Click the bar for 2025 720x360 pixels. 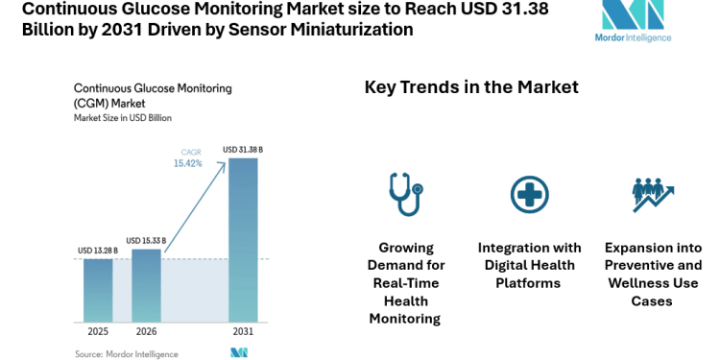98,290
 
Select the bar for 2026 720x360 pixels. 146,285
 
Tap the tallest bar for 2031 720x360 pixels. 242,240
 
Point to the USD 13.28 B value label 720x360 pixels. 98,252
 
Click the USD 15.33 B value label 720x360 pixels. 146,241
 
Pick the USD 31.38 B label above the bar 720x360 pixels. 243,150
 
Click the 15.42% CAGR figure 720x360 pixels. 188,164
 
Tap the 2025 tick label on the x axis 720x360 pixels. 98,331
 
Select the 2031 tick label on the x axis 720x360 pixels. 243,331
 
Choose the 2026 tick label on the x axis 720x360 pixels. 146,331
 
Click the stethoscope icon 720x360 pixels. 404,194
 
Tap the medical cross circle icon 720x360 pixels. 528,194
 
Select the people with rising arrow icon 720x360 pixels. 653,194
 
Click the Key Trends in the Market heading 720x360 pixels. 471,87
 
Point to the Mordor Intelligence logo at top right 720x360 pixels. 633,21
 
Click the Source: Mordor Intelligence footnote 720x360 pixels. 128,353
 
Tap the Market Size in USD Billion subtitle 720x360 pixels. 123,117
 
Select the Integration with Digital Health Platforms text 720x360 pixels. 528,265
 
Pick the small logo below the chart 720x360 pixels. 239,353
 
